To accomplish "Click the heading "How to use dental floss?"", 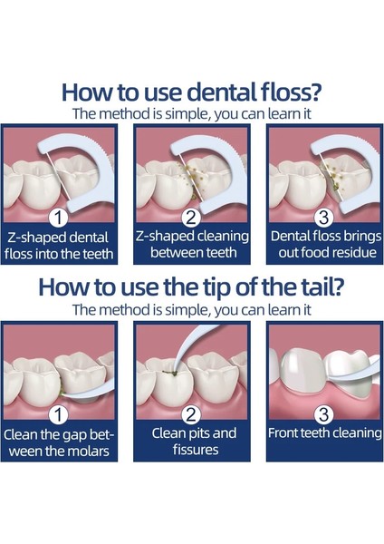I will (192, 92).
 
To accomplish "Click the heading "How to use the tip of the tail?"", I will (192, 287).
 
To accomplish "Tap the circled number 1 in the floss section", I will (59, 218).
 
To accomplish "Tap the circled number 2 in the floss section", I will (191, 218).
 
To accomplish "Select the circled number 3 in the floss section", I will (323, 218).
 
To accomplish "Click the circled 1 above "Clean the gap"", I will (59, 414).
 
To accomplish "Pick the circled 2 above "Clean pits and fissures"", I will (191, 414).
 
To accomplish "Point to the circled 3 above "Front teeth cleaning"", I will (323, 414).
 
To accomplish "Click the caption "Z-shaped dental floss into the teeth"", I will (59, 245).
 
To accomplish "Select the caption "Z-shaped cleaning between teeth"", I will (191, 245).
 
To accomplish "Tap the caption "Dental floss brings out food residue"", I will (323, 245).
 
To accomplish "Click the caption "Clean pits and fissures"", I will (191, 442).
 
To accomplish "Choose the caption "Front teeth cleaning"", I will (323, 432).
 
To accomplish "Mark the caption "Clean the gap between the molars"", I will (59, 442).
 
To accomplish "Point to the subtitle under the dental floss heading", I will (192, 114).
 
